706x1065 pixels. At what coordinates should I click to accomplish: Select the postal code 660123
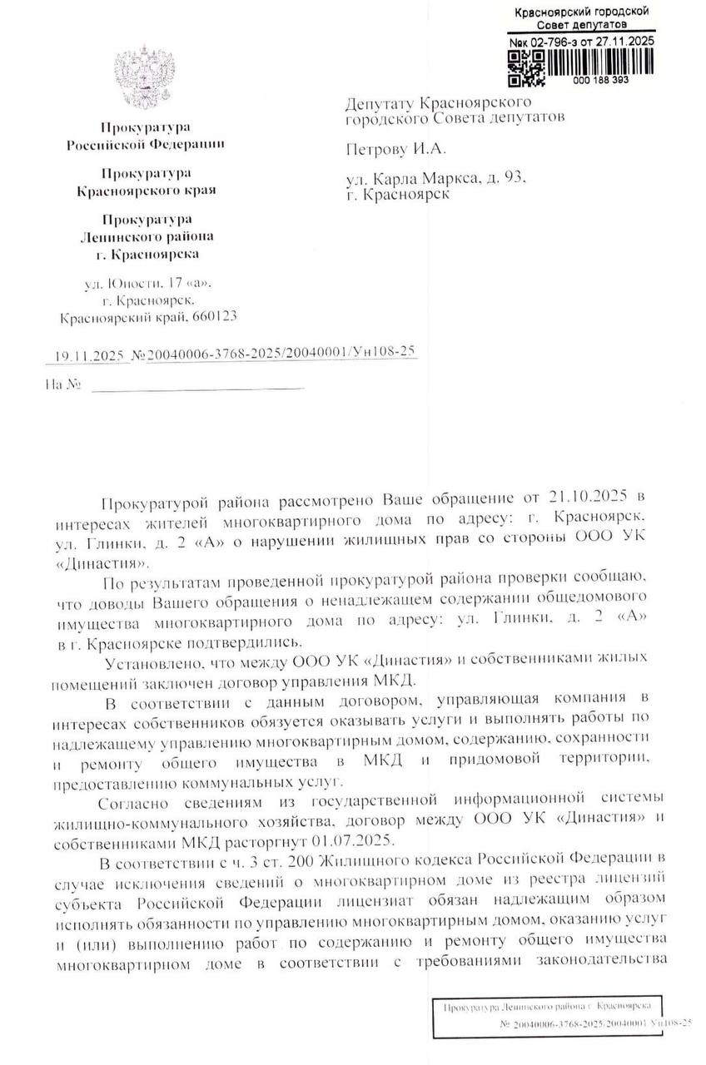click(x=214, y=317)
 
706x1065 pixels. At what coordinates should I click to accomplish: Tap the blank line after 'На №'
click(x=197, y=387)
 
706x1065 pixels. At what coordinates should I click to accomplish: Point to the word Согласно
click(x=135, y=802)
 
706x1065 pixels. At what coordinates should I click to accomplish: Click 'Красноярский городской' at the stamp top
click(x=582, y=12)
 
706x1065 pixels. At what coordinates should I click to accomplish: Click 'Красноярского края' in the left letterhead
click(x=146, y=190)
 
